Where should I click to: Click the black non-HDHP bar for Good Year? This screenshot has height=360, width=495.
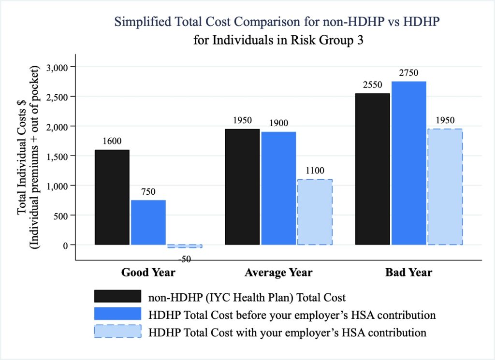[x=112, y=197]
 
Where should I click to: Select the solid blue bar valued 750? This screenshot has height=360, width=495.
[x=148, y=222]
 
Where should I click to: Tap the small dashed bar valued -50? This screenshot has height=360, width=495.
[x=185, y=246]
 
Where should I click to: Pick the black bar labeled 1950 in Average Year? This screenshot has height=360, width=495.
[x=242, y=187]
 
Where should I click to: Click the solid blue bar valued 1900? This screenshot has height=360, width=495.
[x=278, y=188]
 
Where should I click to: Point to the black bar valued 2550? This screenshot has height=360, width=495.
[x=372, y=169]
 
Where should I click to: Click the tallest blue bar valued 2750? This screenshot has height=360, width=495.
[x=408, y=163]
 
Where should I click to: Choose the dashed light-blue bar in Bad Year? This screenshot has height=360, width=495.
[x=445, y=187]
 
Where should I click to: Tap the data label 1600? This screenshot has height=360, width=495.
[x=112, y=141]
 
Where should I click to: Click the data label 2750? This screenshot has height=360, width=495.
[x=408, y=73]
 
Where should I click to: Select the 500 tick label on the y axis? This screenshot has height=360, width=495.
[x=62, y=215]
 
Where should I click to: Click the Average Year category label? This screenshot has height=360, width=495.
[x=278, y=273]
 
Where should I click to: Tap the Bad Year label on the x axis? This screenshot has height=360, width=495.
[x=408, y=273]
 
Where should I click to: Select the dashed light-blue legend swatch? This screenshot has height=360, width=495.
[x=118, y=332]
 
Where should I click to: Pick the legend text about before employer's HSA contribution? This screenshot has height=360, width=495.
[x=292, y=315]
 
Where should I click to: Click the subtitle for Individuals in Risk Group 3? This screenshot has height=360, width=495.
[x=278, y=40]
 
